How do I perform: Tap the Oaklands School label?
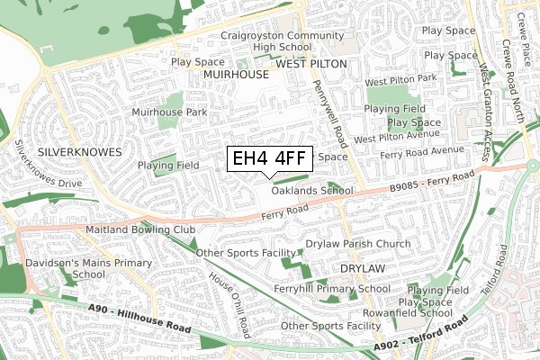(x=311, y=191)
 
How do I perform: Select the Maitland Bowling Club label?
(x=140, y=230)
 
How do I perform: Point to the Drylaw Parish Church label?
(x=357, y=245)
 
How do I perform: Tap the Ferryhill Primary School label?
(x=332, y=289)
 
